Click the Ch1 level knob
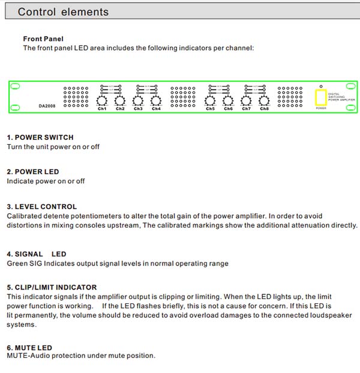pyautogui.click(x=101, y=100)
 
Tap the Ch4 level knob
pyautogui.click(x=156, y=100)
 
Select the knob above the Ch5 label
pyautogui.click(x=210, y=100)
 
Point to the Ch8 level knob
pyautogui.click(x=265, y=100)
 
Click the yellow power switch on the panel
pyautogui.click(x=321, y=98)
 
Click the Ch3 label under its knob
pyautogui.click(x=138, y=109)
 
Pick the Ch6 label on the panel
pyautogui.click(x=228, y=109)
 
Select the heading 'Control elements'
pyautogui.click(x=63, y=12)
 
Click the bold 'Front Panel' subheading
pyautogui.click(x=43, y=39)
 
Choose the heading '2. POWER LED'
pyautogui.click(x=33, y=172)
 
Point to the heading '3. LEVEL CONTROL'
pyautogui.click(x=42, y=207)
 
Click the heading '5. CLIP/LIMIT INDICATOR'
pyautogui.click(x=52, y=287)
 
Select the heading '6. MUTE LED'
pyautogui.click(x=29, y=347)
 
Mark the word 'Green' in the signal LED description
pyautogui.click(x=17, y=263)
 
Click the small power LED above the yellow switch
pyautogui.click(x=321, y=86)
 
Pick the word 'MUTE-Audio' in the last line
pyautogui.click(x=26, y=356)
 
